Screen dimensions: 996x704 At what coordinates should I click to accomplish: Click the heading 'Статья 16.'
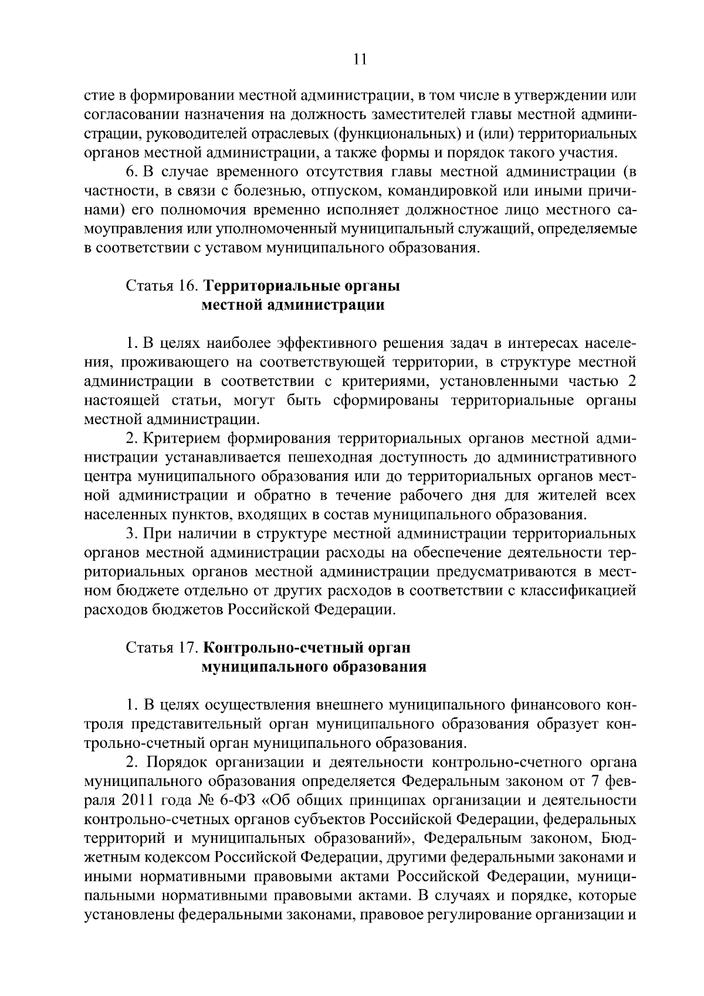click(161, 286)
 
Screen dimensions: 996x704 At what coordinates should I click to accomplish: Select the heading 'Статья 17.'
click(161, 648)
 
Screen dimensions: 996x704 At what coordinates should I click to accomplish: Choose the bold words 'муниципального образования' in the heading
click(314, 667)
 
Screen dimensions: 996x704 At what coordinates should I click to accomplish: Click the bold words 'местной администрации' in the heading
click(293, 305)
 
